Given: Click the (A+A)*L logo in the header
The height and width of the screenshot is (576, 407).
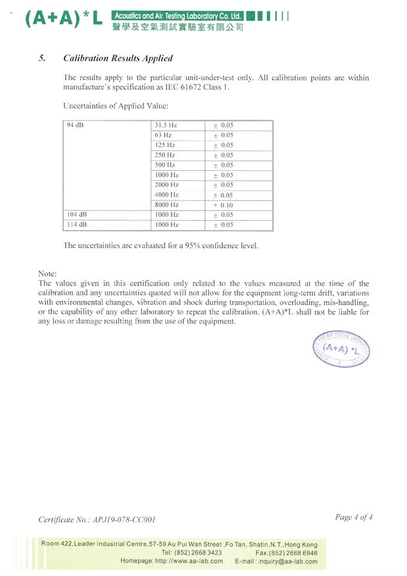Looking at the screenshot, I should coord(63,19).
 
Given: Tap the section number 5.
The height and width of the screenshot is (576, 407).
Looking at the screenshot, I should coord(42,58).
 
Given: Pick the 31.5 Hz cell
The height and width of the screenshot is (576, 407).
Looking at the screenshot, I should coord(166,125).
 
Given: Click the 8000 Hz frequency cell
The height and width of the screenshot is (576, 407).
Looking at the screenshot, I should coord(166,205).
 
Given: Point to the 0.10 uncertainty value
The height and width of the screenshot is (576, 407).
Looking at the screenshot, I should coord(226,205).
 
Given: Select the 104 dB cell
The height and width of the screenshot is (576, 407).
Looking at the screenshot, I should coord(76,215).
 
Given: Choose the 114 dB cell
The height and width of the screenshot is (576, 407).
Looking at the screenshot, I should coord(76,225).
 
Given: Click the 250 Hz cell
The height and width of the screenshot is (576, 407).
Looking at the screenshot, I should coord(164,155).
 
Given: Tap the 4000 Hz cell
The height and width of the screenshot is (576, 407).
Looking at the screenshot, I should coord(166,195).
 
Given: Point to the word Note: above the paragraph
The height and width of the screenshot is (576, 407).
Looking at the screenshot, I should coord(48,273).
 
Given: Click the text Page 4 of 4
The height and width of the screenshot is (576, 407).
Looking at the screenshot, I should coord(354,517).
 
